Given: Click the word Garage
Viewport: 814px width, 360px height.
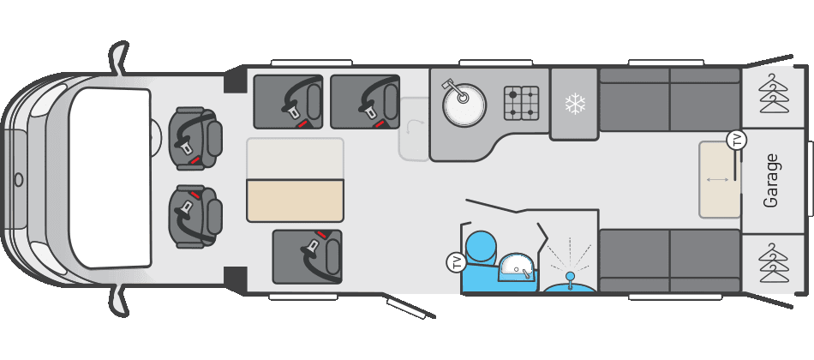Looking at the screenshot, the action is [771, 180].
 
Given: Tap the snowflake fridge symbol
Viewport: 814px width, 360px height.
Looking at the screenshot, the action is [575, 104].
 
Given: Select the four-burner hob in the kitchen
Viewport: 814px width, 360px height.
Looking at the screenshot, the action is [521, 104].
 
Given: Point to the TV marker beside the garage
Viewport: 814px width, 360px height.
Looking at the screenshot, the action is [736, 141].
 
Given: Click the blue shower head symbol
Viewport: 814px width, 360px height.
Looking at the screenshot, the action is [570, 276].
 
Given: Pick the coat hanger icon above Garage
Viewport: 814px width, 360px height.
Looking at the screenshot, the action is [774, 93].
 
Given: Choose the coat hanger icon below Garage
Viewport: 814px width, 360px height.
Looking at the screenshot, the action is [774, 263].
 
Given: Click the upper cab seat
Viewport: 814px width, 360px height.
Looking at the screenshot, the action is [195, 139].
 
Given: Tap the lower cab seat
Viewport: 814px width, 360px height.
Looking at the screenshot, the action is [195, 216].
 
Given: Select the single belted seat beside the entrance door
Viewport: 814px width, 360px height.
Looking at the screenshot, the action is [308, 256].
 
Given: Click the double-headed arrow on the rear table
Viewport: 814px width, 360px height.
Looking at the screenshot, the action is [717, 180].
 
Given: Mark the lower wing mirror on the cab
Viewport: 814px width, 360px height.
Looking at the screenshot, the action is [119, 302].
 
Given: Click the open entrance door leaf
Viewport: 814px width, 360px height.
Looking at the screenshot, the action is [410, 307].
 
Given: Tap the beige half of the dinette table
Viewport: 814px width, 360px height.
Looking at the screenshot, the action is [295, 201].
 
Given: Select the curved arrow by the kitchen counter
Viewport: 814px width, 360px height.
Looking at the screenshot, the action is [414, 126].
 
